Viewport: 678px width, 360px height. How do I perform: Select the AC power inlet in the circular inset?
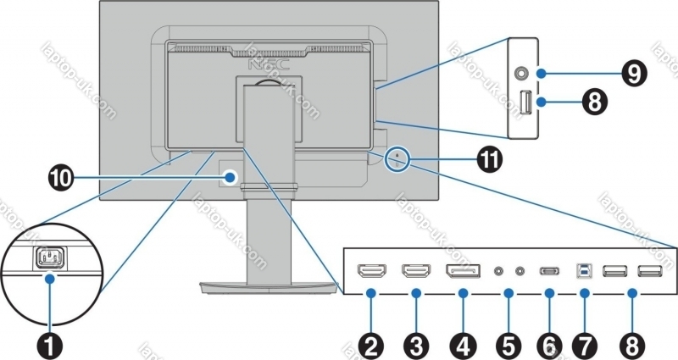coord(50,257)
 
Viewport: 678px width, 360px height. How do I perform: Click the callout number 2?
coord(370,345)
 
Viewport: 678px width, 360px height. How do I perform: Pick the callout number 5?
coord(508,345)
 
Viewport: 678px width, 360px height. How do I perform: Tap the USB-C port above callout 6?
coord(549,272)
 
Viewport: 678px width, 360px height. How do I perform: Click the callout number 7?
coord(586,345)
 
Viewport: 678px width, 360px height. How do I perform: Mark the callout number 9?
coord(631,73)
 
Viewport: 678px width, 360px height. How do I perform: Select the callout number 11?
coord(488,158)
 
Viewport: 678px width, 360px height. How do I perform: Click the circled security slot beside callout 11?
coord(397,158)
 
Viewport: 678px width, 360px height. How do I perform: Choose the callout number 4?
coord(463,345)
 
